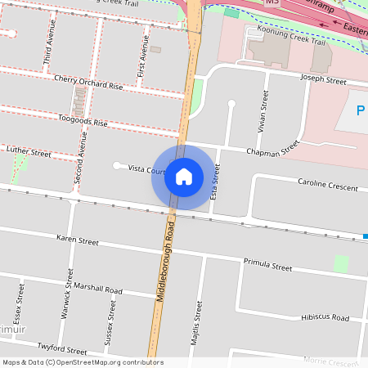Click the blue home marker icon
click(x=184, y=177)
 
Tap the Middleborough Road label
click(x=165, y=263)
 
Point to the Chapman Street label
click(x=273, y=150)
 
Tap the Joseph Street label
click(x=324, y=81)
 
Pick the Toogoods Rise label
click(x=83, y=121)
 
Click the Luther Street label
click(x=29, y=152)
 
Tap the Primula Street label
click(x=267, y=266)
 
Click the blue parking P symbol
click(x=361, y=110)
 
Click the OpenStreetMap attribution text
click(x=83, y=362)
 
